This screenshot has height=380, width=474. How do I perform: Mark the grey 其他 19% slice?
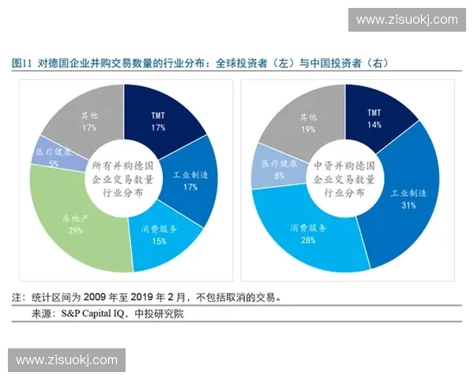pos(304,119)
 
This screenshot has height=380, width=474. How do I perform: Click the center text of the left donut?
pos(125,180)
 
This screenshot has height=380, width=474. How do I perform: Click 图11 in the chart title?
pos(21,63)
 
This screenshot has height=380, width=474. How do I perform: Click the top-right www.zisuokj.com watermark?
pos(407,20)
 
